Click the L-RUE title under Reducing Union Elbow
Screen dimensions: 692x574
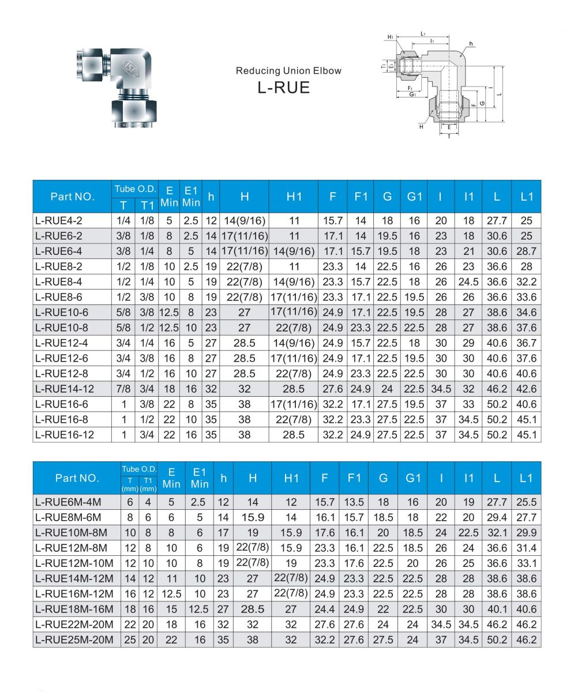pos(283,87)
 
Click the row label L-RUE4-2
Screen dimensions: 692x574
pos(58,220)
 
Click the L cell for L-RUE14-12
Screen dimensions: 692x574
pos(497,389)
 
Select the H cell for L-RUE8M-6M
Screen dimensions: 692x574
pos(253,517)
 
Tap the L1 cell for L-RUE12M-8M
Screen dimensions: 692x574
pos(527,548)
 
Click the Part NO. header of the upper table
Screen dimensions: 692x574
pos(72,196)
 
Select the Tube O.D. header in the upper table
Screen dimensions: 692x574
pos(134,189)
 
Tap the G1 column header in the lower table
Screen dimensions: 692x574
pos(412,478)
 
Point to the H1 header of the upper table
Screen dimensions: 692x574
pos(294,196)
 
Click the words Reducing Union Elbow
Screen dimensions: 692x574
pos(288,71)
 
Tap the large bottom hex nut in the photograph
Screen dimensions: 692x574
pos(133,109)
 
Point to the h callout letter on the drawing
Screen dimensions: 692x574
pos(471,44)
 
